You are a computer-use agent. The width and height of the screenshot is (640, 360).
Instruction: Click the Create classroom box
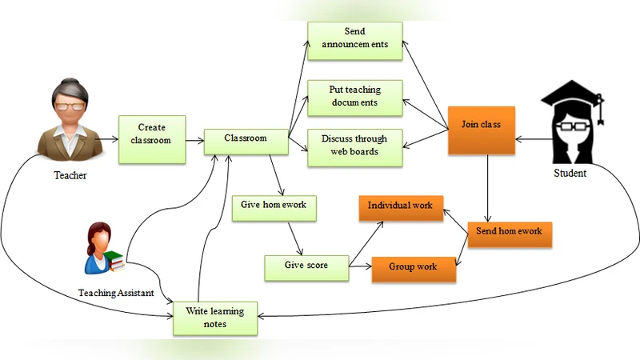[152, 134]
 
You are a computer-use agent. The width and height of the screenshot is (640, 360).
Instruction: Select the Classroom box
[246, 139]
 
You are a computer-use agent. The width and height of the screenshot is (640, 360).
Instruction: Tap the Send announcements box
[354, 38]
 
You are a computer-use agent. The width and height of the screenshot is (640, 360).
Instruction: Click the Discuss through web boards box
[354, 145]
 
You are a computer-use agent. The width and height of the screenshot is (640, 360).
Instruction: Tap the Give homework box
[274, 205]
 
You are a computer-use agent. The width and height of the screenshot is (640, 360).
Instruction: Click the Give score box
[306, 265]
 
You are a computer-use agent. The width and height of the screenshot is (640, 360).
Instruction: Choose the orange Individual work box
[400, 206]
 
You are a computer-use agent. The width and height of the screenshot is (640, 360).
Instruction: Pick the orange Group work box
[414, 267]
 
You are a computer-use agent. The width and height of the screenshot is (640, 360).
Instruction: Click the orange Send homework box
[510, 232]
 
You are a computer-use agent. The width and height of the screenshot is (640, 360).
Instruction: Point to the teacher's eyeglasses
[70, 106]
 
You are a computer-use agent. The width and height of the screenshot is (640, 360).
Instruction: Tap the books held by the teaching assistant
[116, 260]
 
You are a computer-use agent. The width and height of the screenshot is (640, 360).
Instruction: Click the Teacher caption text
[70, 175]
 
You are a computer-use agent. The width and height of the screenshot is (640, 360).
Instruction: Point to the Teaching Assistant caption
[116, 294]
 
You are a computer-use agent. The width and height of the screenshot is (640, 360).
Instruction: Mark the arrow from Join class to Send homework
[488, 188]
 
